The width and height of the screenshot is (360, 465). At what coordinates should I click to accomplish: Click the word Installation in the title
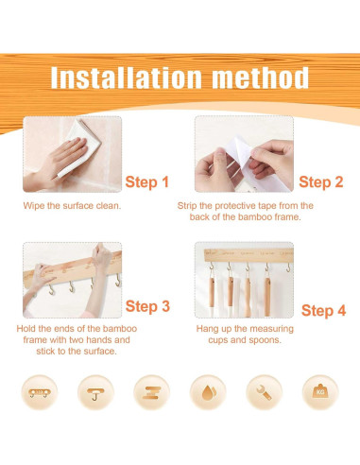tap(126, 77)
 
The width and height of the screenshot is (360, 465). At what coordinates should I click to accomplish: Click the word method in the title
tap(260, 77)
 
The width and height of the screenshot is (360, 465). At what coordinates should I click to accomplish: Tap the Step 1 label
tap(147, 182)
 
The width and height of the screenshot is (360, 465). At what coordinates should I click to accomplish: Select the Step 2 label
tap(321, 181)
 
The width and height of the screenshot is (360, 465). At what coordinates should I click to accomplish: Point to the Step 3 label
tap(147, 306)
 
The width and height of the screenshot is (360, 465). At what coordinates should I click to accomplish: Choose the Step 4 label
tap(323, 310)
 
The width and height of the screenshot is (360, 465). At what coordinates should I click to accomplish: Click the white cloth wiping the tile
tap(80, 146)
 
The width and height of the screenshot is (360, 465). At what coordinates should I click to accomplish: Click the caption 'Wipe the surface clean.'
tap(72, 206)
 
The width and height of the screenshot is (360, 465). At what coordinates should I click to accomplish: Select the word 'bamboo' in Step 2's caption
tap(255, 217)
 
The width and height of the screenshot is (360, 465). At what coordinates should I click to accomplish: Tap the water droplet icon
tap(209, 392)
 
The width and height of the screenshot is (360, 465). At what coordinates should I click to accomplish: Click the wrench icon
tap(264, 392)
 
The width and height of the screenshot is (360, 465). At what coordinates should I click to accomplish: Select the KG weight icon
tap(320, 391)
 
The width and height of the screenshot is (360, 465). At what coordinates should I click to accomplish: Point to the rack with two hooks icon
tap(40, 393)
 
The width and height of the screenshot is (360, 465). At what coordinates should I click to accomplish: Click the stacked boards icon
tap(151, 393)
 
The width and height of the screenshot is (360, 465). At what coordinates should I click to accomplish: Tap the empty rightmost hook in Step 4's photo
tap(288, 267)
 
